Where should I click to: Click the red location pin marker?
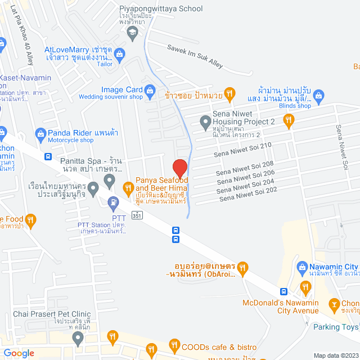179,168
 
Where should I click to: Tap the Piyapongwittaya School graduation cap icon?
132,33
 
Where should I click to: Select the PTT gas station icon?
114,200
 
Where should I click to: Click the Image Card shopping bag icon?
150,89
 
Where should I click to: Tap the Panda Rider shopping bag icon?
40,133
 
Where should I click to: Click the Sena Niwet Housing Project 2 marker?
204,121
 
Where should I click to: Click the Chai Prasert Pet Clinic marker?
78,339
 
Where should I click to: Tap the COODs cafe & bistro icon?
175,345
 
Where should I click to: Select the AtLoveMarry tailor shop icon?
119,53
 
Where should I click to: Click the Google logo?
18,353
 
